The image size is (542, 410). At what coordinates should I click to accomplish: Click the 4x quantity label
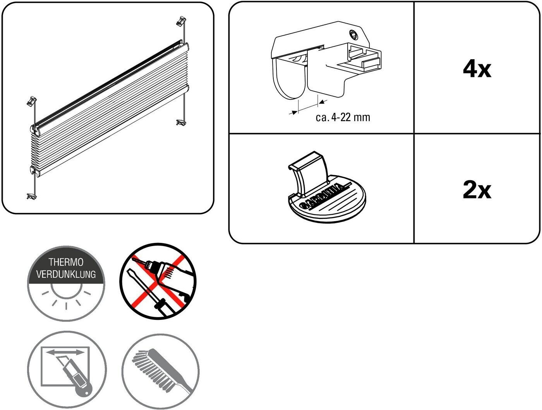pos(477,70)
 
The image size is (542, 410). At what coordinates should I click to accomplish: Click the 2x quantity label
pos(477,190)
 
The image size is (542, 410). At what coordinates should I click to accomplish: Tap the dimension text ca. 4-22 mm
pos(343,117)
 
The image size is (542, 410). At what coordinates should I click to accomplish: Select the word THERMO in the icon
pos(66,262)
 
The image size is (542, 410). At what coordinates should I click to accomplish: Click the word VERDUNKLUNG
pos(66,274)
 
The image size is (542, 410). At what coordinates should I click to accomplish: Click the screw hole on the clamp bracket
pos(353,34)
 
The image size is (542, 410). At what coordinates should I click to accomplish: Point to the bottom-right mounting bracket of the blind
pos(180,123)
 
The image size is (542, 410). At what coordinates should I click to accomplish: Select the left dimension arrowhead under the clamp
pos(294,112)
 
